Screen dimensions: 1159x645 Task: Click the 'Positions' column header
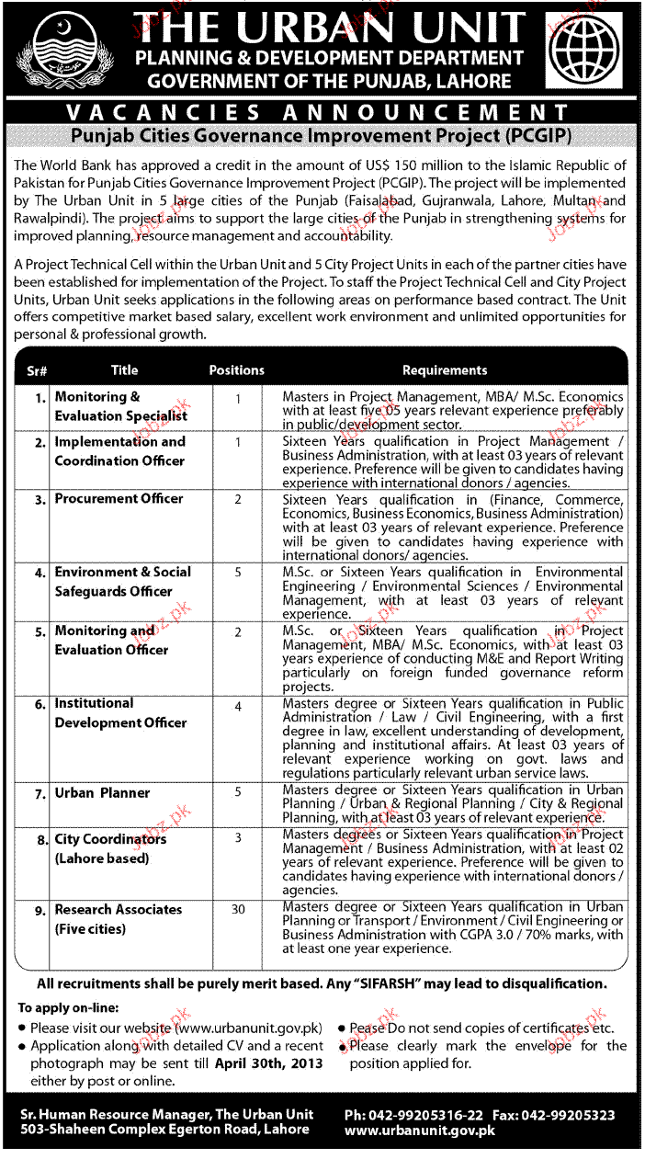236,370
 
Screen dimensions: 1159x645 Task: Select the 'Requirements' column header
445,370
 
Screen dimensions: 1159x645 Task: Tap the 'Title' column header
124,370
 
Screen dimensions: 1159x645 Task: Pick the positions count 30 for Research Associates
238,910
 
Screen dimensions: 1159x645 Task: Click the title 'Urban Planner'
102,793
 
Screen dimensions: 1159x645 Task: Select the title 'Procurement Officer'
119,499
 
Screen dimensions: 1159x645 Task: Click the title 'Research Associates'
119,910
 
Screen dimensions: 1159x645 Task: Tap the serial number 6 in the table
40,705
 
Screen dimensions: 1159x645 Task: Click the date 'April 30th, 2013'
269,1063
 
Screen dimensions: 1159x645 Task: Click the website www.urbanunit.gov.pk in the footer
420,1131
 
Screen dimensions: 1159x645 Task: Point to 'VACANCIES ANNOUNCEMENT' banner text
322,113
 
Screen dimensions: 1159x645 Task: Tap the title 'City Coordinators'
110,839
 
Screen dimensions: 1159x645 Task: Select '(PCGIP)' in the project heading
537,136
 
